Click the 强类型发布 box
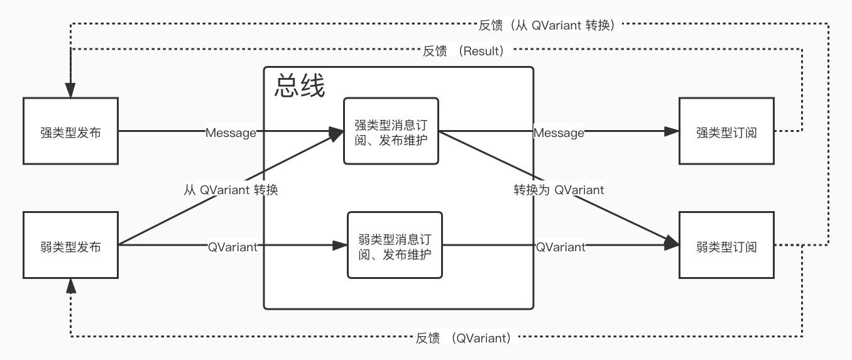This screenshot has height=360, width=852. tap(70, 131)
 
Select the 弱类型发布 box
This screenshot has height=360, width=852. tap(70, 246)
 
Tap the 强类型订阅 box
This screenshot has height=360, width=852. tap(726, 131)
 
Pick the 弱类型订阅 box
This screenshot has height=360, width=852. tap(726, 246)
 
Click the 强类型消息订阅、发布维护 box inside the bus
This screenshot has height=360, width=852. tap(391, 131)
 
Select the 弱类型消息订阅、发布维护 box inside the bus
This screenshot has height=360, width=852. tap(395, 246)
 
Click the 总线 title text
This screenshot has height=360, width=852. tap(300, 87)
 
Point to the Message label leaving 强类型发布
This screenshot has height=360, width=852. tap(231, 133)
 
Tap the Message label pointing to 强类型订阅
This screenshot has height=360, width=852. tap(559, 133)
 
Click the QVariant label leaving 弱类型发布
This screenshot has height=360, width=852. tap(232, 248)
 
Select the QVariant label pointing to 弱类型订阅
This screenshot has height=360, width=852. tap(560, 248)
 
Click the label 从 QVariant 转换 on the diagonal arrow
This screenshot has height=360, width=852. tap(231, 190)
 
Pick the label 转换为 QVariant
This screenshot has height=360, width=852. tap(559, 190)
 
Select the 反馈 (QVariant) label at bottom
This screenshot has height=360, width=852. tap(464, 338)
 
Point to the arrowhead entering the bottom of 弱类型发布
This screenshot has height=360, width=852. tap(70, 286)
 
